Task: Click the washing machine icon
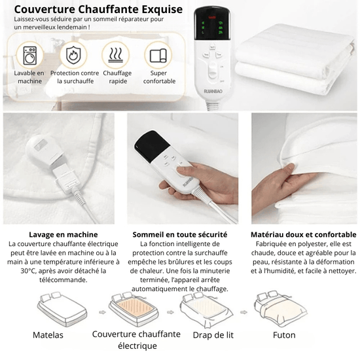coord(30,56)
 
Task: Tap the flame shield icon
coord(73,55)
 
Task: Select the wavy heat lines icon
coord(116,55)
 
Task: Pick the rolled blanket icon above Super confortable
coord(158,56)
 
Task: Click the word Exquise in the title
coord(162,10)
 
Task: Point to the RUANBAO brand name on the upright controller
coord(213,92)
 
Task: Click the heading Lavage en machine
coord(63,234)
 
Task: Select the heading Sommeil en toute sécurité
coord(180,234)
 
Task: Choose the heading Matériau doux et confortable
coord(304,234)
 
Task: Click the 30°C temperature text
coord(27,271)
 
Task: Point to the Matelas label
coord(48,335)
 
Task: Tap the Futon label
coord(284,335)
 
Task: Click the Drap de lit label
coord(213,335)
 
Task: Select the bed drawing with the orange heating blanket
coord(134,309)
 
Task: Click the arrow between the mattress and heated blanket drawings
coord(102,312)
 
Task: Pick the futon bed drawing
coord(280,308)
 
